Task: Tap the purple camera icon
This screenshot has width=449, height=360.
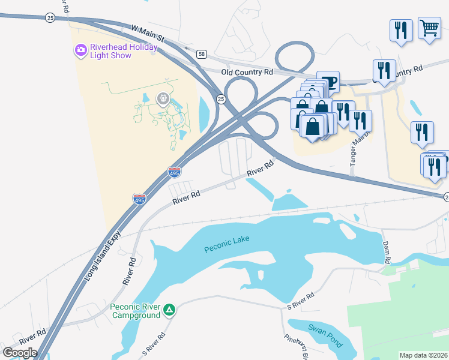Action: (x=80, y=50)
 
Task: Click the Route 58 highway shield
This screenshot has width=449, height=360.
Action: (x=201, y=54)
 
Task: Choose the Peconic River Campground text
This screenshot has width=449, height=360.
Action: (x=135, y=311)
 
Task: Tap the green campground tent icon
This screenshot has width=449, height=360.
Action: (x=170, y=310)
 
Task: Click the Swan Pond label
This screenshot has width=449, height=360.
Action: (x=325, y=336)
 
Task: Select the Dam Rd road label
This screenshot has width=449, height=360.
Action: (x=387, y=252)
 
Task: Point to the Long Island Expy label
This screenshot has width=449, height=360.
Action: (x=99, y=248)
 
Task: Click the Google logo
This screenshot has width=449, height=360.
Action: (x=20, y=353)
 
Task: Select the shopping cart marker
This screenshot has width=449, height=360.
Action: (x=429, y=28)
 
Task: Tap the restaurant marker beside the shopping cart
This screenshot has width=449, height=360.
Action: (x=400, y=30)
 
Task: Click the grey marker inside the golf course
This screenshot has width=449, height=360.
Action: (x=163, y=98)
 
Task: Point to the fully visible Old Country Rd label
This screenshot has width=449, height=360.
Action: (x=247, y=71)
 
